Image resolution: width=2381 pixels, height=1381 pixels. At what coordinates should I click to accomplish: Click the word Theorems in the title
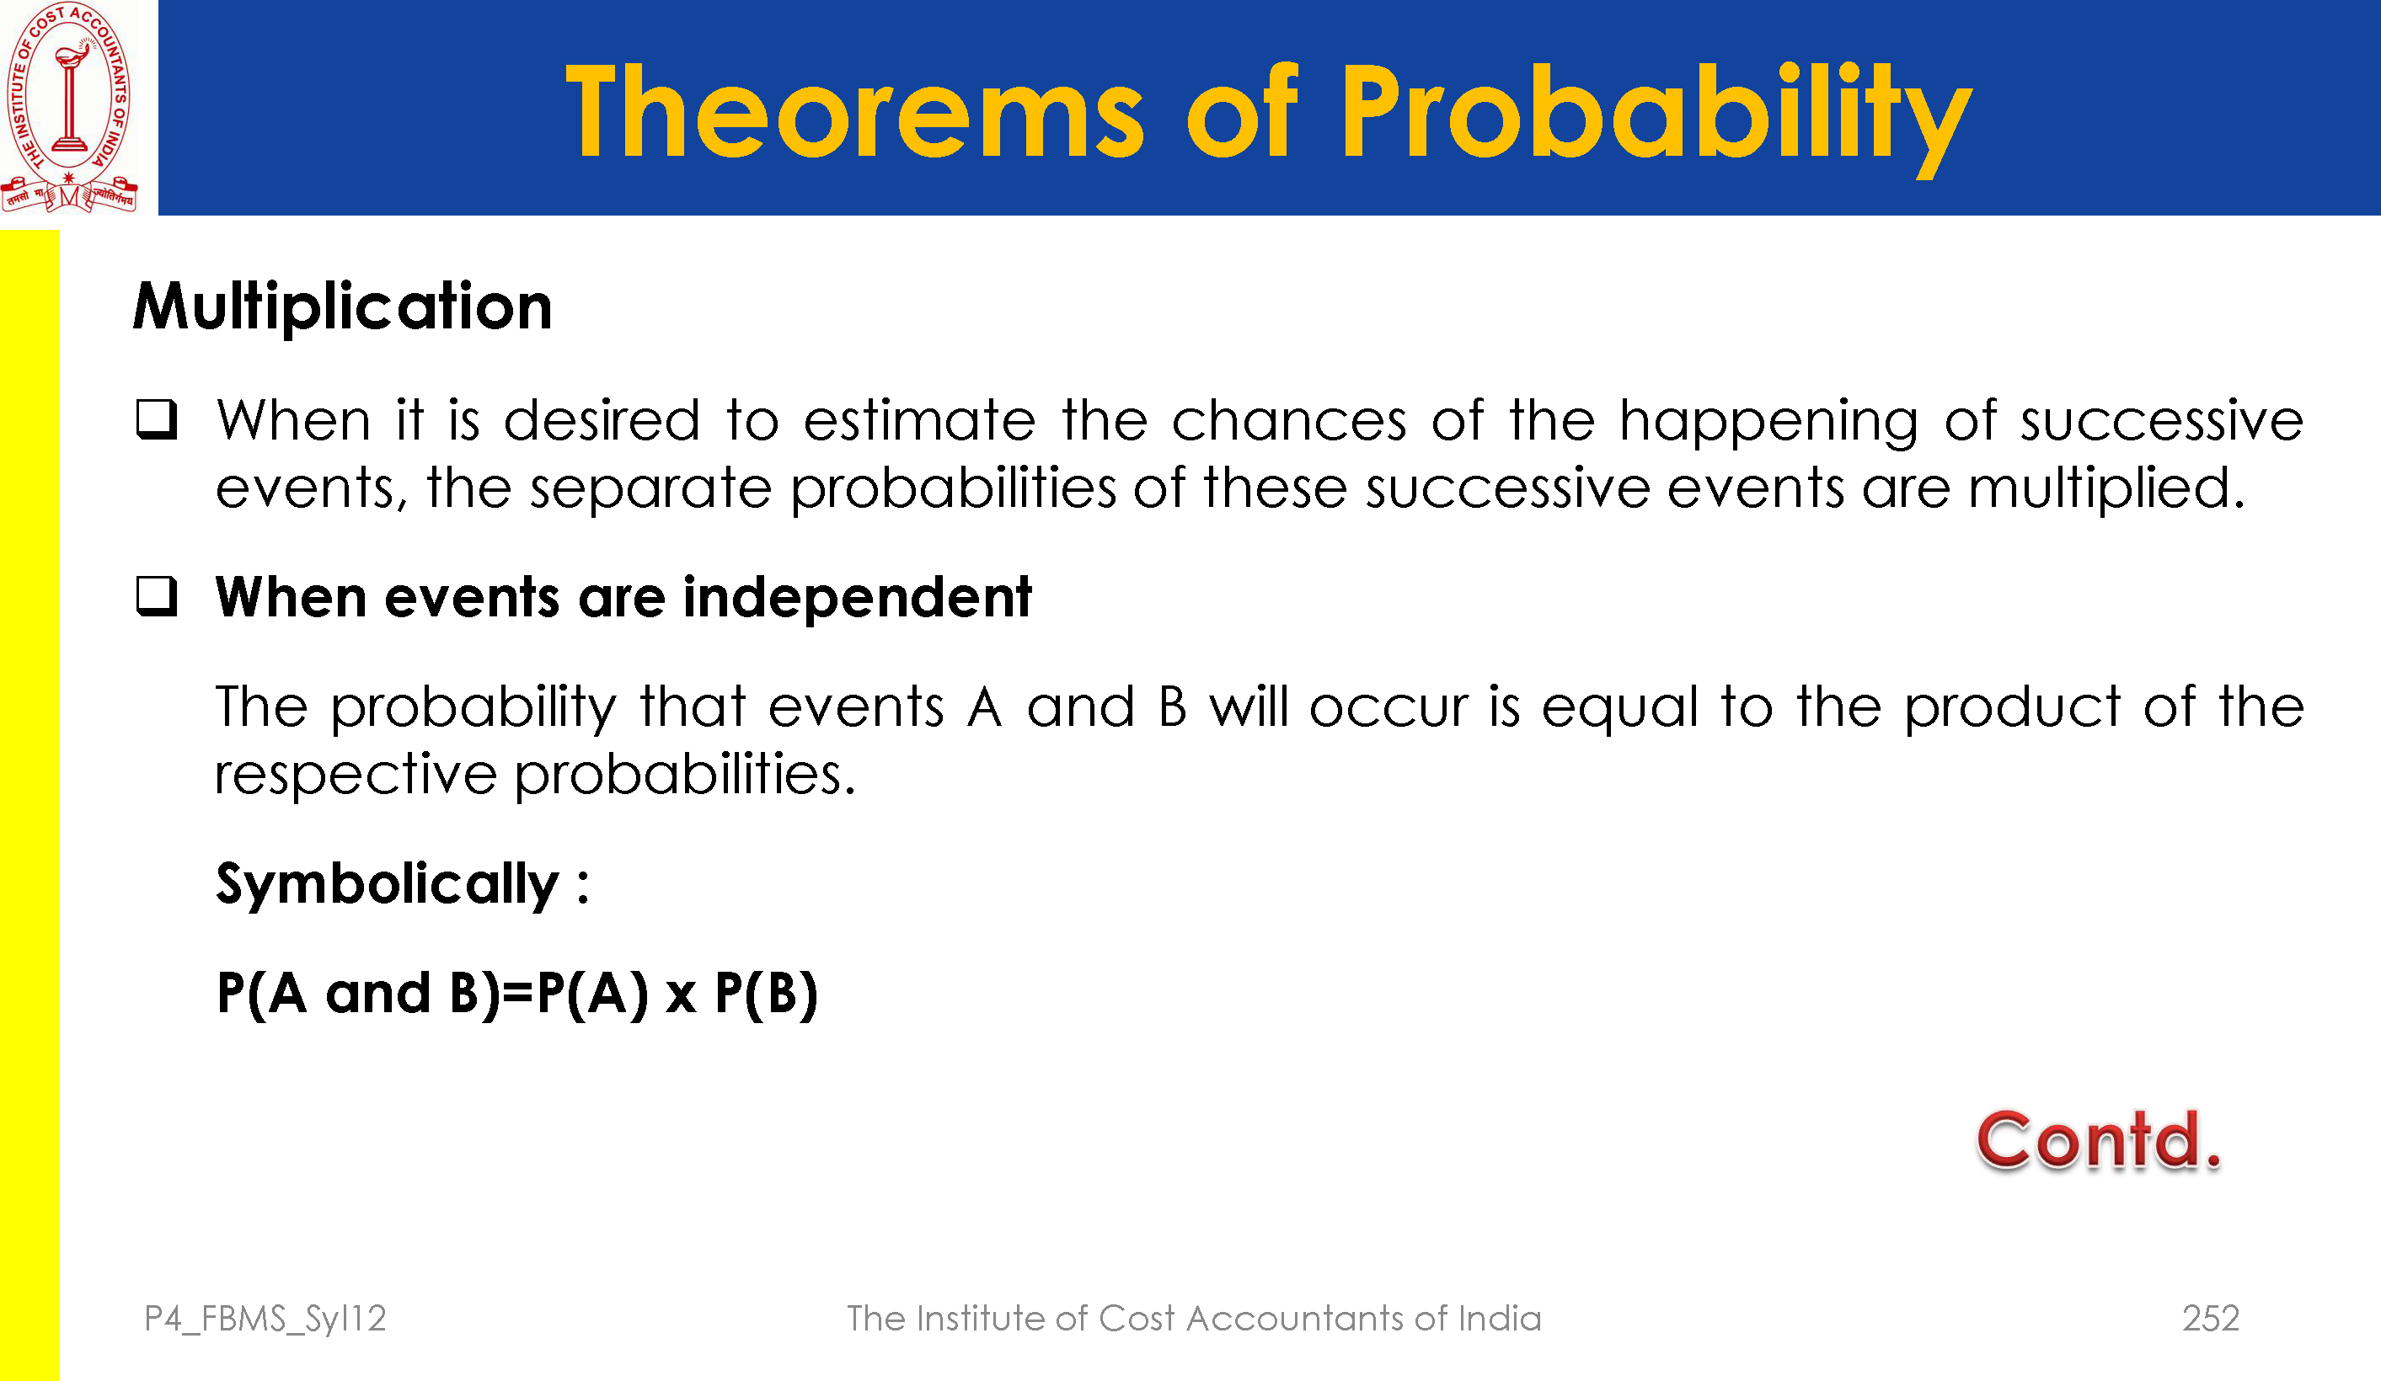coord(855,111)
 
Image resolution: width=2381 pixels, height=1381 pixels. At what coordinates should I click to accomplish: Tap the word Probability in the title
coord(1656,118)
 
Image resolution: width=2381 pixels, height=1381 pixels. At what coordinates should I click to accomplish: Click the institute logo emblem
coord(69,107)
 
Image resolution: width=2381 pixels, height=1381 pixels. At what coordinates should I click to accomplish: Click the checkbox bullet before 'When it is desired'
coord(157,419)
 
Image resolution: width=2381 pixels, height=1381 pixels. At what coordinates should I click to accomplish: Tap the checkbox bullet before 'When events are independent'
coord(157,596)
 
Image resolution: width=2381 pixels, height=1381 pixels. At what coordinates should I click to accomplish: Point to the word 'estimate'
coord(919,420)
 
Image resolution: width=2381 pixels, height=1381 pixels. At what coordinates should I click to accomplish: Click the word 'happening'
coord(1768,422)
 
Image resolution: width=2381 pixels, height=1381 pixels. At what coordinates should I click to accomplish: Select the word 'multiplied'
coord(2106,489)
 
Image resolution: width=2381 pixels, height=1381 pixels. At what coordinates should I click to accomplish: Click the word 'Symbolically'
coord(388,885)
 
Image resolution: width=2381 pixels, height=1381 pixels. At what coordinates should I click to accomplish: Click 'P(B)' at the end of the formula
coord(765,994)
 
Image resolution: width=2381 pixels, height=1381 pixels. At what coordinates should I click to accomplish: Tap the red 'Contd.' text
coord(2098,1140)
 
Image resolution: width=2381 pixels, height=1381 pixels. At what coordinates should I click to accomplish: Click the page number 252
coord(2211,1319)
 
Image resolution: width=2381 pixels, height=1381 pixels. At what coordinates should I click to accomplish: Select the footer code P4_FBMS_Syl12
coord(265,1320)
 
